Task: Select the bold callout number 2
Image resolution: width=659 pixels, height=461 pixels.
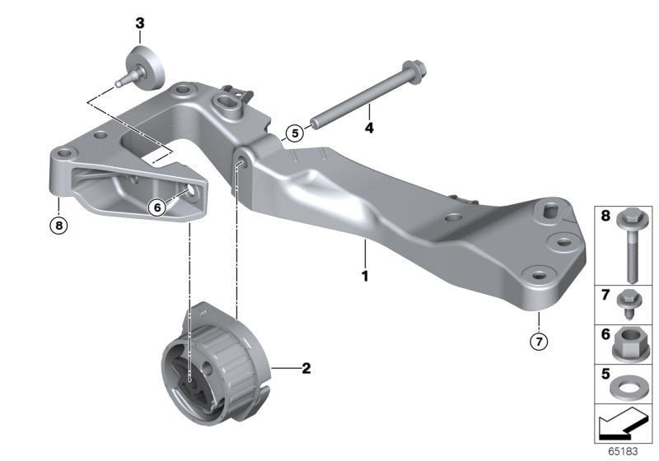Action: pos(306,368)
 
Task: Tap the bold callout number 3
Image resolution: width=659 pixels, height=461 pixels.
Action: pos(139,22)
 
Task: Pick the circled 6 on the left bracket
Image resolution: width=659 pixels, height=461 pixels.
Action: pos(157,208)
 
